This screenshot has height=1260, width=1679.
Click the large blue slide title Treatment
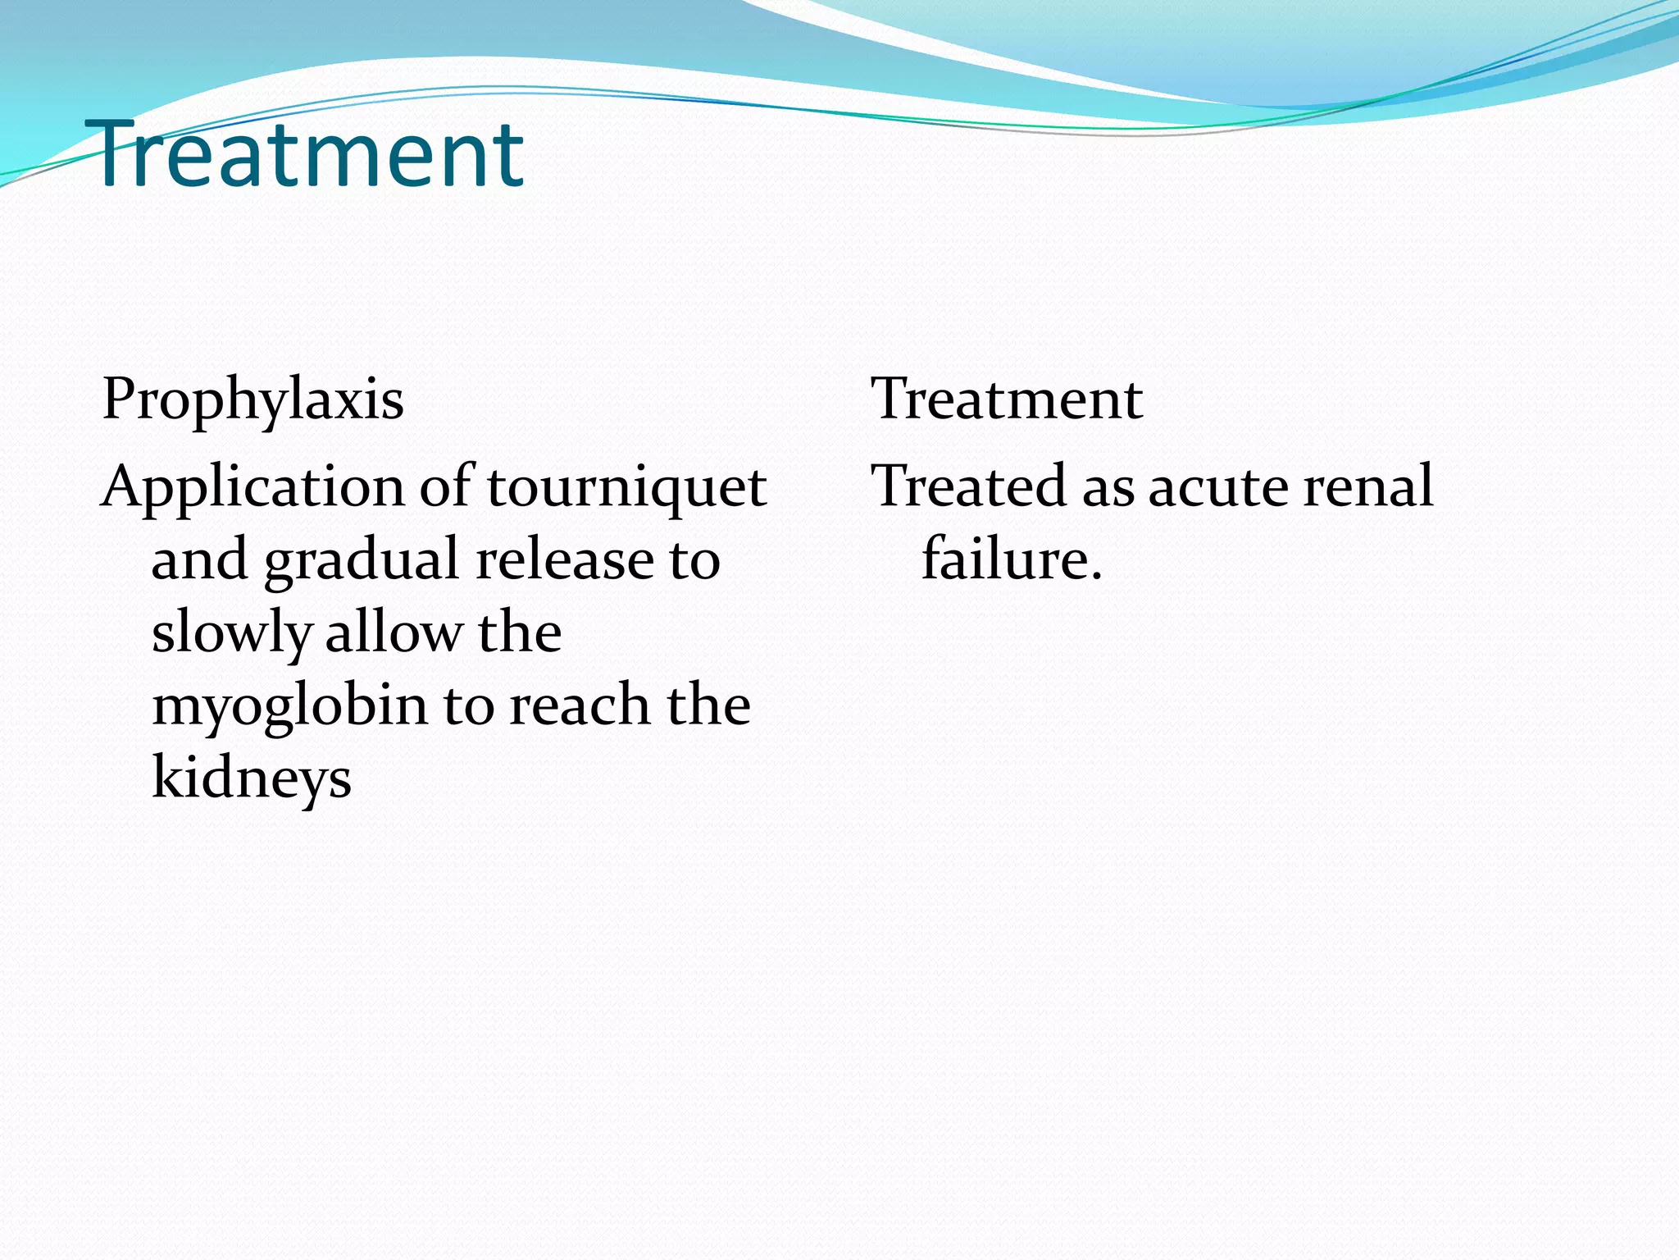tap(310, 153)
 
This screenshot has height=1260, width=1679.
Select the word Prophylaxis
tap(253, 399)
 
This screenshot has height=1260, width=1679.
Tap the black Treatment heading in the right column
tap(1007, 399)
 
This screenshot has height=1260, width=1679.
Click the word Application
tap(253, 487)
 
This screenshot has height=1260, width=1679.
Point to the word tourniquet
tap(627, 487)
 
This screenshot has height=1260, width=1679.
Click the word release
tap(565, 559)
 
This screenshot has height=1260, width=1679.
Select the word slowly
tap(231, 633)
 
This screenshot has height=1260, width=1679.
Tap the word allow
tap(394, 632)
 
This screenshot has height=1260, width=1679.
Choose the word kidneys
tap(252, 778)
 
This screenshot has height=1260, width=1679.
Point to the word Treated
tap(969, 486)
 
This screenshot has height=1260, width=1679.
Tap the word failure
tap(1012, 559)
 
